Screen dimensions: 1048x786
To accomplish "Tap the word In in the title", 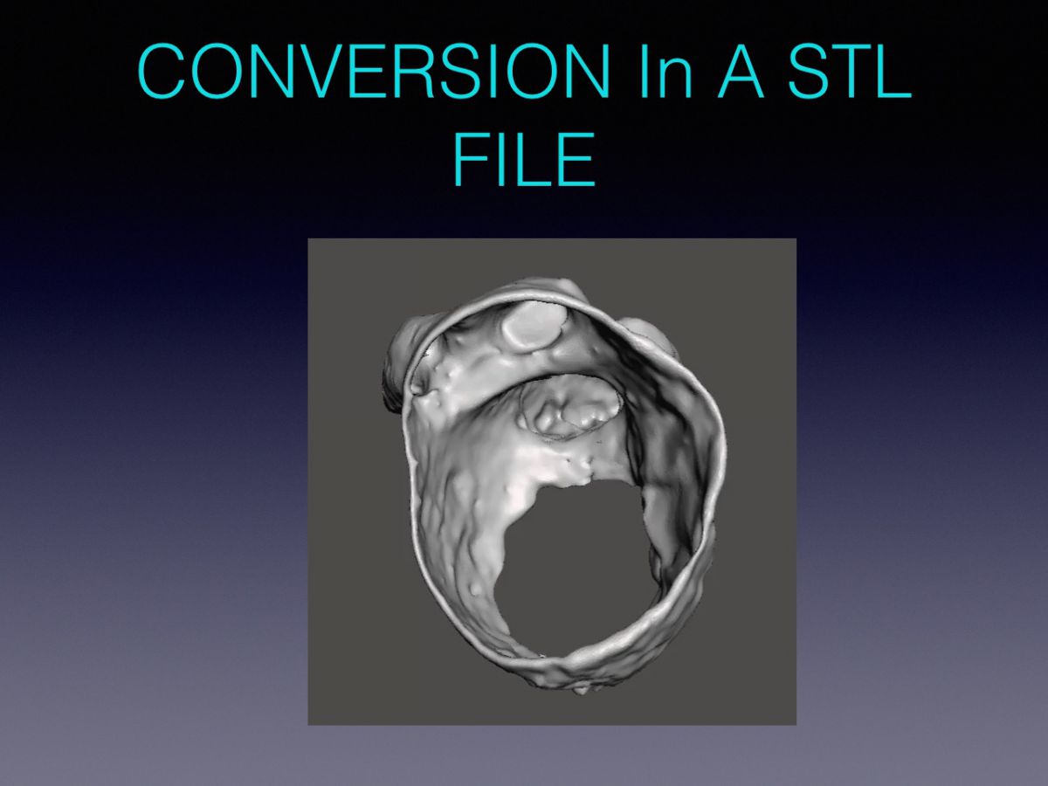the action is (x=666, y=72).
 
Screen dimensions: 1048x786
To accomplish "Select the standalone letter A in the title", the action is (x=741, y=72).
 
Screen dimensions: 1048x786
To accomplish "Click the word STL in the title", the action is (x=850, y=72).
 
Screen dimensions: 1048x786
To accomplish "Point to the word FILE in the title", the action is (x=524, y=160).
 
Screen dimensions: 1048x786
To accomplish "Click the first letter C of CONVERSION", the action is (x=162, y=72).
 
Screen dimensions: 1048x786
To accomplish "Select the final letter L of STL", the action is (x=893, y=72).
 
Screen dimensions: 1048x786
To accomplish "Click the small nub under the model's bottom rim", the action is (x=581, y=689).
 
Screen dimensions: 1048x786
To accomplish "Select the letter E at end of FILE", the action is (x=576, y=160).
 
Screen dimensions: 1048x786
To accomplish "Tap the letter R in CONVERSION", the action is (x=411, y=72).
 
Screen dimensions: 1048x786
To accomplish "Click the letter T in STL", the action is (x=853, y=72).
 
